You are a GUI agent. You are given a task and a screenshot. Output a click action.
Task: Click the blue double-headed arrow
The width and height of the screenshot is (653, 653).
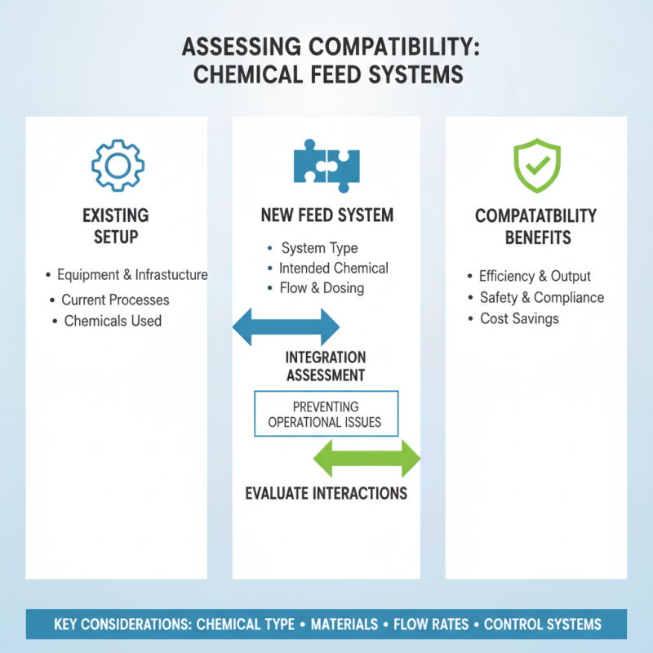(x=287, y=327)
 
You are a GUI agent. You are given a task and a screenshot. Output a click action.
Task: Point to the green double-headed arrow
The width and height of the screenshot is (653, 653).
(x=366, y=458)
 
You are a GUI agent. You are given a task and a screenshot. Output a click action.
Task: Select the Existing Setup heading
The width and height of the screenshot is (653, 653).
(x=116, y=226)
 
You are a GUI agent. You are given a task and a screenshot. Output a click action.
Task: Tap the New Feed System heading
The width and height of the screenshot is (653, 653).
(x=327, y=215)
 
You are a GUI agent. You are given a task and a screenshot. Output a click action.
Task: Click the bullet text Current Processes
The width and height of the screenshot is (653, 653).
(x=115, y=300)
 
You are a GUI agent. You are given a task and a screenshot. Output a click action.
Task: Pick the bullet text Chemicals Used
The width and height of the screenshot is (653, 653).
(x=113, y=321)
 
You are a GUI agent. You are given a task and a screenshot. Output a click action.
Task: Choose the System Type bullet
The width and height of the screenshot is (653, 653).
(x=319, y=248)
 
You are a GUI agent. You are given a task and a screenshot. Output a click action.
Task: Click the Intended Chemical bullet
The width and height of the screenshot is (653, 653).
(x=334, y=269)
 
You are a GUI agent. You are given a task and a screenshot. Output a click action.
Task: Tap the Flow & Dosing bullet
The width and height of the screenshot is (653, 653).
(x=322, y=288)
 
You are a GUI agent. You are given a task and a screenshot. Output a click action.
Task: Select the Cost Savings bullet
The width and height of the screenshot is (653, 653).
(x=519, y=318)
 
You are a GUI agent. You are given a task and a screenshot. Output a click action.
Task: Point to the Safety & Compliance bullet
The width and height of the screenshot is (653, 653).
(x=542, y=297)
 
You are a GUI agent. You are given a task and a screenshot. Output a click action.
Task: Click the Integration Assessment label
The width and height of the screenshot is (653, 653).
(x=326, y=366)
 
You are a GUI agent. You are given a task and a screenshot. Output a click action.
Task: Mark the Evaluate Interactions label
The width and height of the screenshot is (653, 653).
(x=326, y=494)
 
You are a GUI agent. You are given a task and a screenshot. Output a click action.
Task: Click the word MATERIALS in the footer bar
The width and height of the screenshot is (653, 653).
(x=344, y=624)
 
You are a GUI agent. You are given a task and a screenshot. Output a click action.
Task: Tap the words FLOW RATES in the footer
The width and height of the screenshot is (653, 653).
(x=431, y=624)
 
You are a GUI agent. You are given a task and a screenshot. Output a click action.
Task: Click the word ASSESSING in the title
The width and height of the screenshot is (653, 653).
(x=242, y=47)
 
